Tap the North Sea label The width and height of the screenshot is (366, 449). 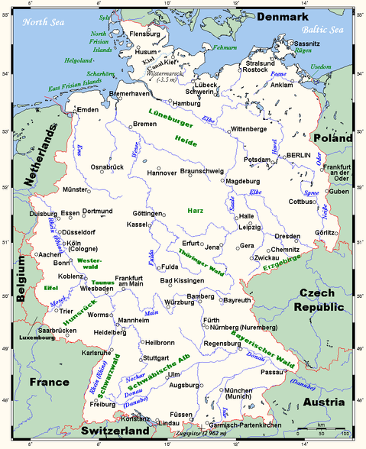coord(44,22)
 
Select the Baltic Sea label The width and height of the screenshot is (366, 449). coord(322,30)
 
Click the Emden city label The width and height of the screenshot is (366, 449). coord(89,111)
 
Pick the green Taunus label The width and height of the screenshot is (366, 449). coord(103,283)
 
